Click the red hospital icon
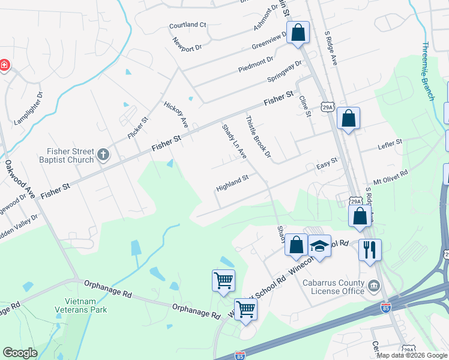[x=4, y=65]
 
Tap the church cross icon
[x=103, y=155]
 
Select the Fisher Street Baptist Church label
[x=71, y=155]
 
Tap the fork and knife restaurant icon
[x=370, y=249]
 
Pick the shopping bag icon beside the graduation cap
[x=296, y=244]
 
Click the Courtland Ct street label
[x=187, y=25]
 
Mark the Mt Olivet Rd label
[x=390, y=176]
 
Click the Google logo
[x=20, y=353]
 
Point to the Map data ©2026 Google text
[x=411, y=355]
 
